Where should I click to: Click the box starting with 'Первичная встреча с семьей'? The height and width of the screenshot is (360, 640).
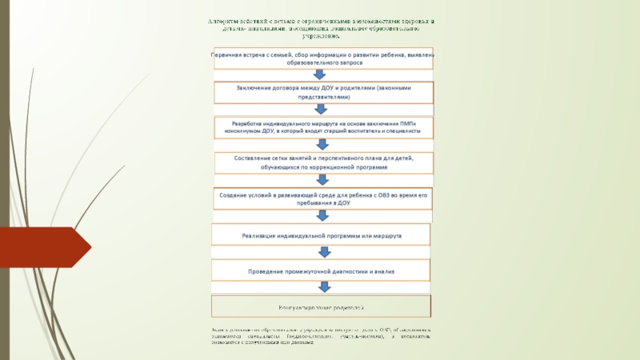pyautogui.click(x=323, y=58)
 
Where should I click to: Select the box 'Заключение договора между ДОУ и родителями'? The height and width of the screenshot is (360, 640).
pyautogui.click(x=323, y=91)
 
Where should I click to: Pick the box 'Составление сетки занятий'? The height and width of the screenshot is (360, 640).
pyautogui.click(x=323, y=162)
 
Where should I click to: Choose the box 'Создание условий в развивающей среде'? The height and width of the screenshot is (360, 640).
pyautogui.click(x=323, y=198)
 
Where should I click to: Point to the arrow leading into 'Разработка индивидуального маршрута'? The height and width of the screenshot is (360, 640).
pyautogui.click(x=322, y=110)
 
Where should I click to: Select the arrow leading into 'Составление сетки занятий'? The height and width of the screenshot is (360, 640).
pyautogui.click(x=322, y=145)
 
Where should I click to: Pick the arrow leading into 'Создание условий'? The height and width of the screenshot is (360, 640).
pyautogui.click(x=322, y=181)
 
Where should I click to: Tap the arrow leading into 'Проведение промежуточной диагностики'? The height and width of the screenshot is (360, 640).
pyautogui.click(x=323, y=253)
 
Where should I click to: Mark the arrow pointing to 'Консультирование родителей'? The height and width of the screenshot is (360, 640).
pyautogui.click(x=323, y=288)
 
